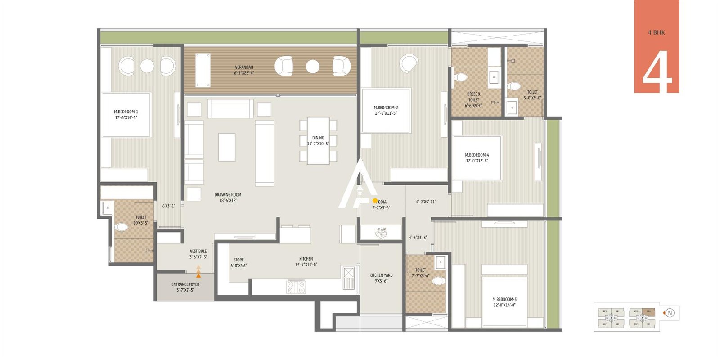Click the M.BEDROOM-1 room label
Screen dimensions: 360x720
click(x=126, y=114)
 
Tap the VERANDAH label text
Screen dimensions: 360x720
click(x=244, y=70)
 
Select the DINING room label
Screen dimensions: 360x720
click(x=318, y=141)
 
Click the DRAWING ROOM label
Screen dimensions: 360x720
click(x=228, y=198)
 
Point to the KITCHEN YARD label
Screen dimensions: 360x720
click(x=381, y=278)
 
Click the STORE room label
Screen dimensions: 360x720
click(x=238, y=262)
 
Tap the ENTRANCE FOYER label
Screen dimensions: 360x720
click(x=185, y=287)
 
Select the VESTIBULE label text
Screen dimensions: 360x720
click(x=198, y=254)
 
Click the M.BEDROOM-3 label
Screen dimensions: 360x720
click(x=504, y=302)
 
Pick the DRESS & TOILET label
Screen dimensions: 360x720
click(x=473, y=100)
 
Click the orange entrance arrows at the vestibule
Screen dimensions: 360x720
click(x=198, y=271)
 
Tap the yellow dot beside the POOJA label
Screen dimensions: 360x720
click(x=375, y=201)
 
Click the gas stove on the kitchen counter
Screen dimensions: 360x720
click(x=296, y=287)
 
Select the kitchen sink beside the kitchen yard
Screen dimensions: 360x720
click(x=349, y=274)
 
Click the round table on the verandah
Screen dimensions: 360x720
click(x=313, y=66)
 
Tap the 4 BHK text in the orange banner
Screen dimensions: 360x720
click(x=657, y=32)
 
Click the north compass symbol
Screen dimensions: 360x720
click(x=670, y=313)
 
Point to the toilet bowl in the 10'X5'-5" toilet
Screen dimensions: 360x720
click(x=121, y=227)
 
